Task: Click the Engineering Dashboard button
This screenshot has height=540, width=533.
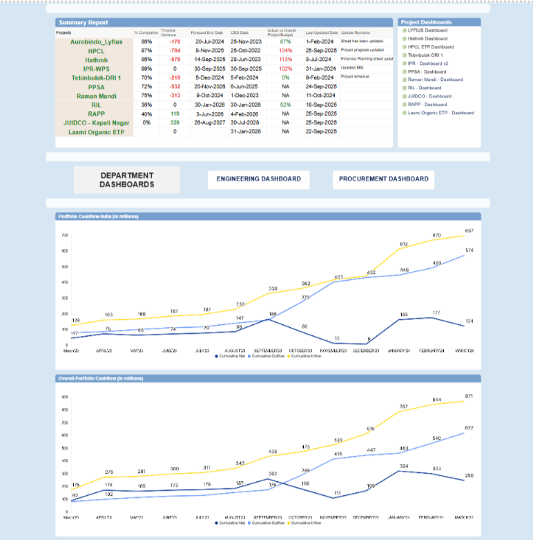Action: click(x=259, y=179)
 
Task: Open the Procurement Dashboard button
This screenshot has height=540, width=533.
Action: click(x=384, y=179)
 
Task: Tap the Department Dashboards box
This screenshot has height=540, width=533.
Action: click(x=127, y=180)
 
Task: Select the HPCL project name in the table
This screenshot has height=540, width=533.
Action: click(x=95, y=51)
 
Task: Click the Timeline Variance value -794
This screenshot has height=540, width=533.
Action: click(x=175, y=51)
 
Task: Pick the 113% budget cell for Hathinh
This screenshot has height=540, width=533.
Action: click(x=286, y=60)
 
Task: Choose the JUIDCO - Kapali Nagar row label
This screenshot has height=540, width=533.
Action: click(x=95, y=122)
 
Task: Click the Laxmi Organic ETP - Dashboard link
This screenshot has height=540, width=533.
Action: click(x=440, y=113)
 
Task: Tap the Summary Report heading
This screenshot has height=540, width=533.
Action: click(x=84, y=23)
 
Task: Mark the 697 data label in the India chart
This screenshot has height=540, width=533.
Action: click(x=469, y=230)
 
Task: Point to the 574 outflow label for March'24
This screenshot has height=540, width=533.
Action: click(x=469, y=250)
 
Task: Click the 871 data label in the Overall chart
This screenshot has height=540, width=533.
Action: click(x=469, y=396)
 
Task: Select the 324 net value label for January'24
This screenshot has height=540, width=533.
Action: click(x=404, y=466)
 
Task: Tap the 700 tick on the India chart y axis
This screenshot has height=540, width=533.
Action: click(x=65, y=236)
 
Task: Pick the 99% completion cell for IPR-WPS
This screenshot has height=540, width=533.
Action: click(x=146, y=69)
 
